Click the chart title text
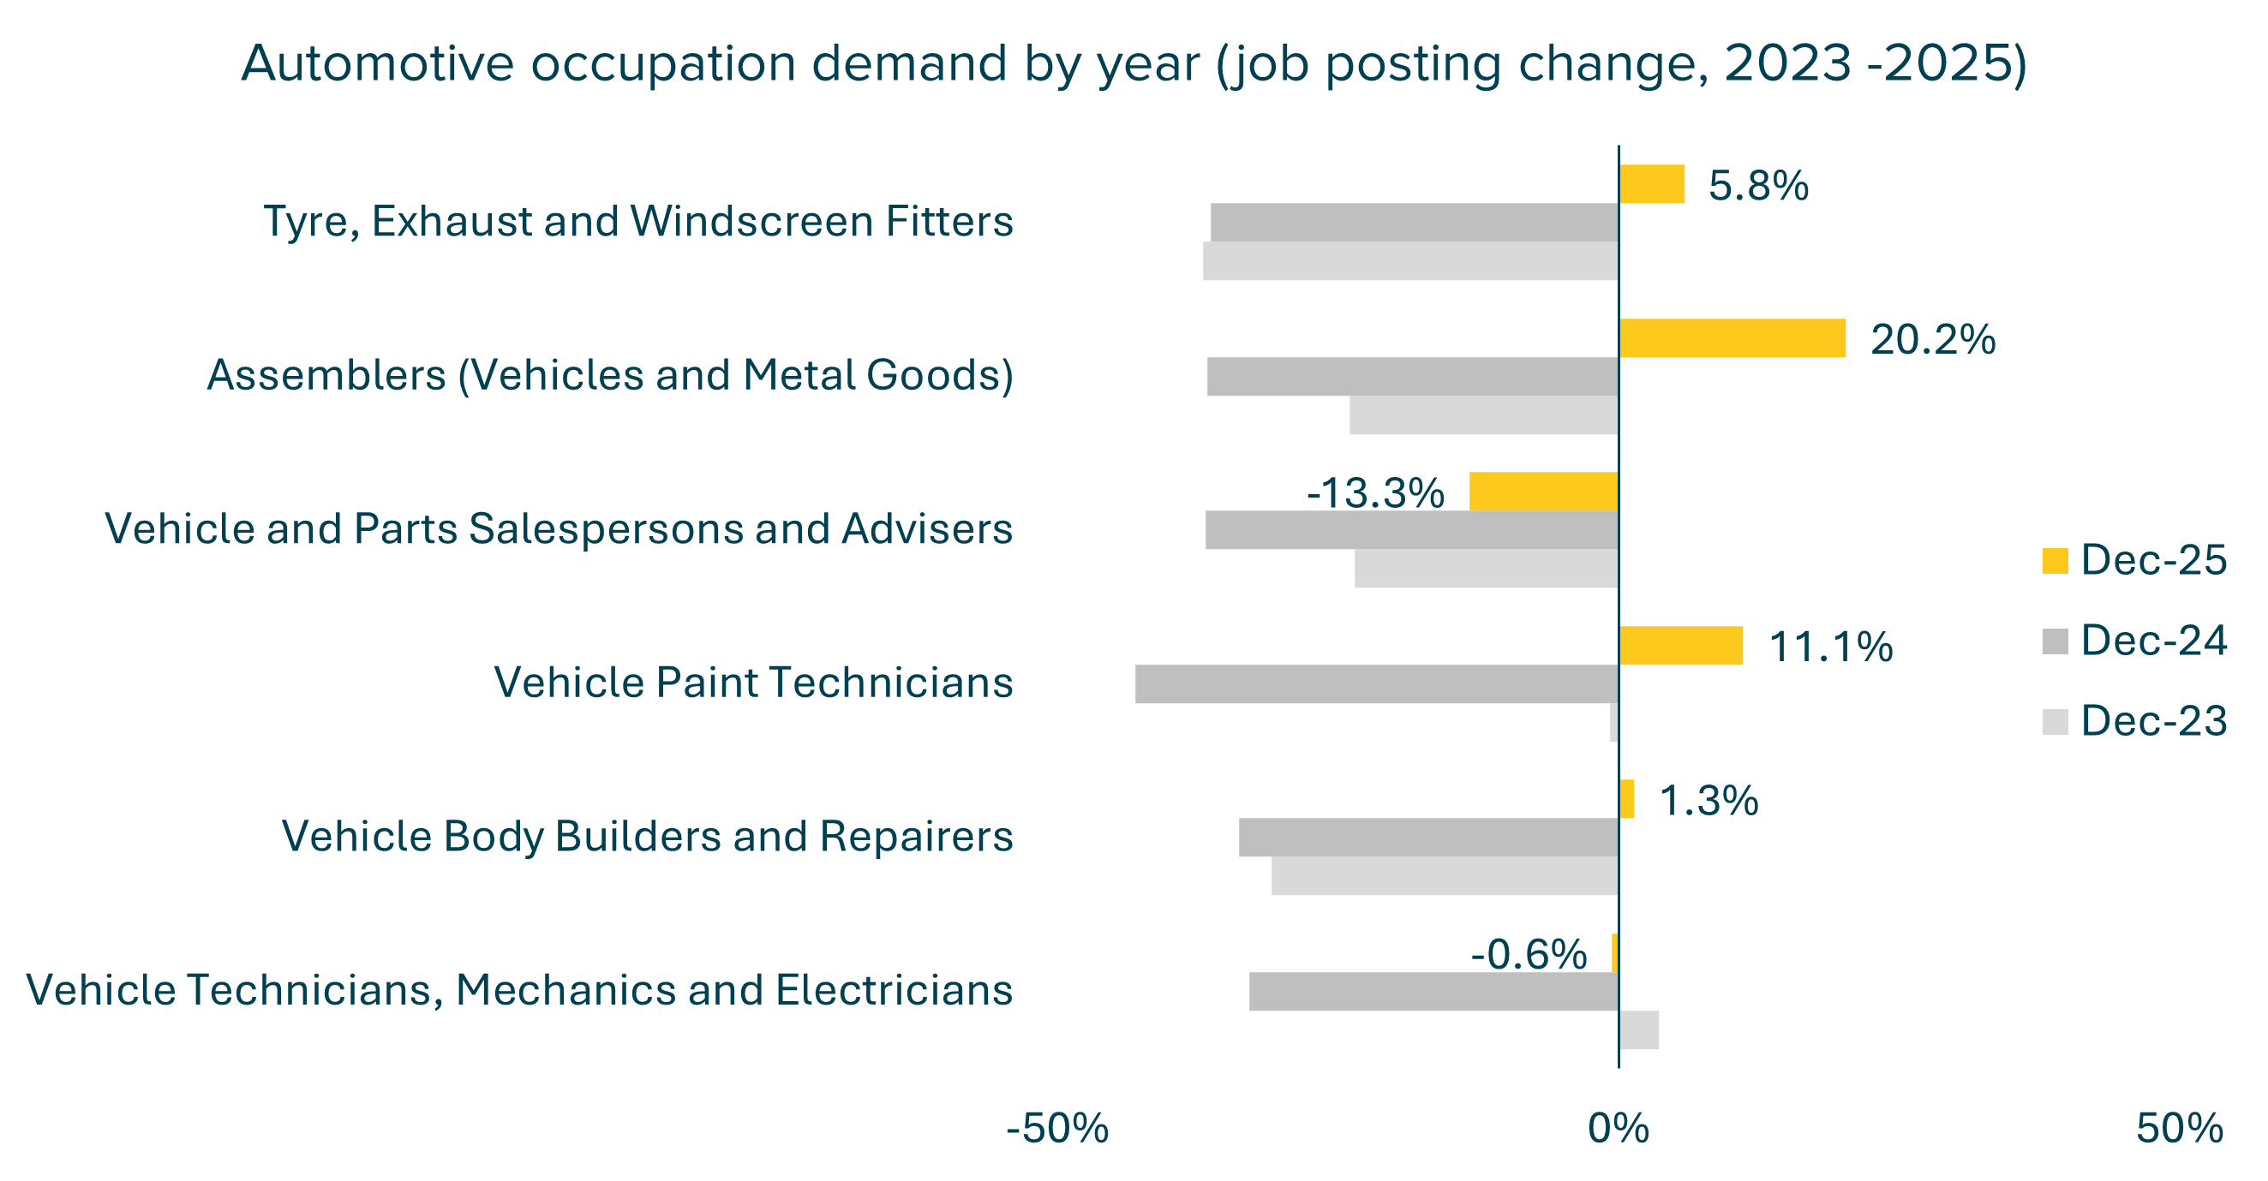(1134, 63)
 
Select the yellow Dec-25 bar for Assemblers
(1731, 338)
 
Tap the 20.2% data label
(1932, 340)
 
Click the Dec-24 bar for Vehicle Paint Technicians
(1376, 683)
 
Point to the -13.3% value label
(1375, 492)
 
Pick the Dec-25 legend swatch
(2054, 562)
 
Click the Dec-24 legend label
(2153, 641)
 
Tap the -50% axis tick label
(1056, 1129)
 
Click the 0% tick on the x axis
(1619, 1129)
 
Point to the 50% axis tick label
(2179, 1129)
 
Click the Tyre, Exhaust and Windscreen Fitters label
(638, 221)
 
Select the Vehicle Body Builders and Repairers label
(647, 836)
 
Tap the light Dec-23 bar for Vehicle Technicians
(1638, 1030)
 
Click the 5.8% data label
(1758, 186)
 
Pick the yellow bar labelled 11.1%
(1680, 646)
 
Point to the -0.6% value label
(1529, 955)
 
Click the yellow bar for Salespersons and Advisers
(1543, 491)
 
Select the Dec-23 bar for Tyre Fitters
(1409, 261)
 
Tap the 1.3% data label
(1708, 801)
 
